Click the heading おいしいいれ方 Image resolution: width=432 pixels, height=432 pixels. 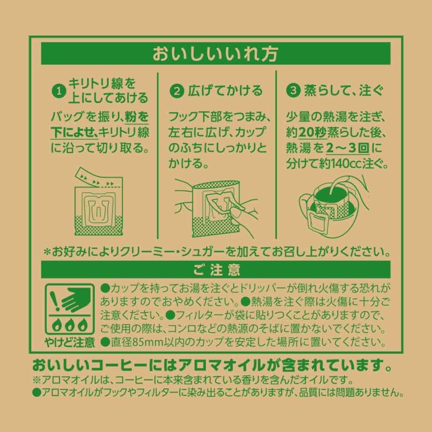[215, 54]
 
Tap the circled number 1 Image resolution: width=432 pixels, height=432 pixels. [59, 91]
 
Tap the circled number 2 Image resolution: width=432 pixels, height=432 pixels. [177, 91]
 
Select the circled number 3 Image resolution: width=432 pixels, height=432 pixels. [293, 91]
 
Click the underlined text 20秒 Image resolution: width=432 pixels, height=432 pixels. [312, 133]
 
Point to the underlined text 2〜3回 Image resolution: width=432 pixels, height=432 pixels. [347, 148]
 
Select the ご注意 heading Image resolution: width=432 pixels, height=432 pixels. [216, 270]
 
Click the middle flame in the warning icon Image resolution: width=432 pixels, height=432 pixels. [70, 325]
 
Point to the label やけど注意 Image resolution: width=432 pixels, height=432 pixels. [70, 343]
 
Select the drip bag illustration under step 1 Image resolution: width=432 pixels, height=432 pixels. [98, 202]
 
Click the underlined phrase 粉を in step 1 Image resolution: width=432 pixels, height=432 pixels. [137, 117]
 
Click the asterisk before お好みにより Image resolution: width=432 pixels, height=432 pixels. [48, 252]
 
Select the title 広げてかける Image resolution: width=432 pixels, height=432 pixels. [225, 91]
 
